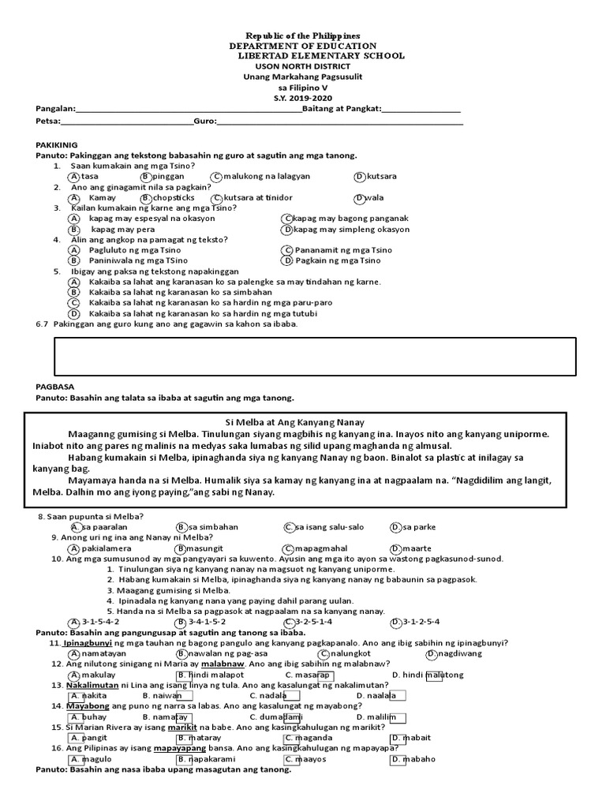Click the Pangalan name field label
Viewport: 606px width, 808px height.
[55, 108]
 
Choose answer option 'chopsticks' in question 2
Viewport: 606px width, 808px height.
[174, 197]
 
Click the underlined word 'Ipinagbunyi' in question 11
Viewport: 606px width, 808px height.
[88, 643]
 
